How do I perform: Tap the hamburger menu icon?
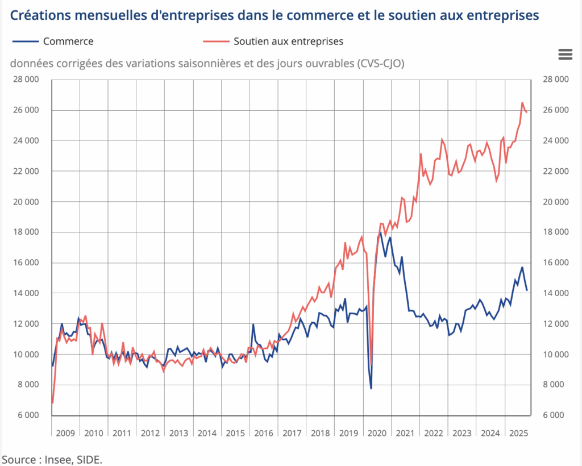pos(565,54)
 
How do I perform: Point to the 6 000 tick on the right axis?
pos(555,415)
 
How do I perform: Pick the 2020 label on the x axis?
pos(377,433)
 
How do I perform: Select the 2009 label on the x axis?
pos(65,433)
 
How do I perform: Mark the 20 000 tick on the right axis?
pos(555,202)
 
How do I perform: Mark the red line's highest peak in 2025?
pos(522,103)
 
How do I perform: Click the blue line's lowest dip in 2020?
pos(371,389)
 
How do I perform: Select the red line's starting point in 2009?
pos(52,402)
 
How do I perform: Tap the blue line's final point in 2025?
pos(527,290)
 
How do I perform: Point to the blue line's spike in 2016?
pos(253,324)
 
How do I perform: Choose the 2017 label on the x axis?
pos(292,433)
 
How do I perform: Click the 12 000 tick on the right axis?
pos(555,324)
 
